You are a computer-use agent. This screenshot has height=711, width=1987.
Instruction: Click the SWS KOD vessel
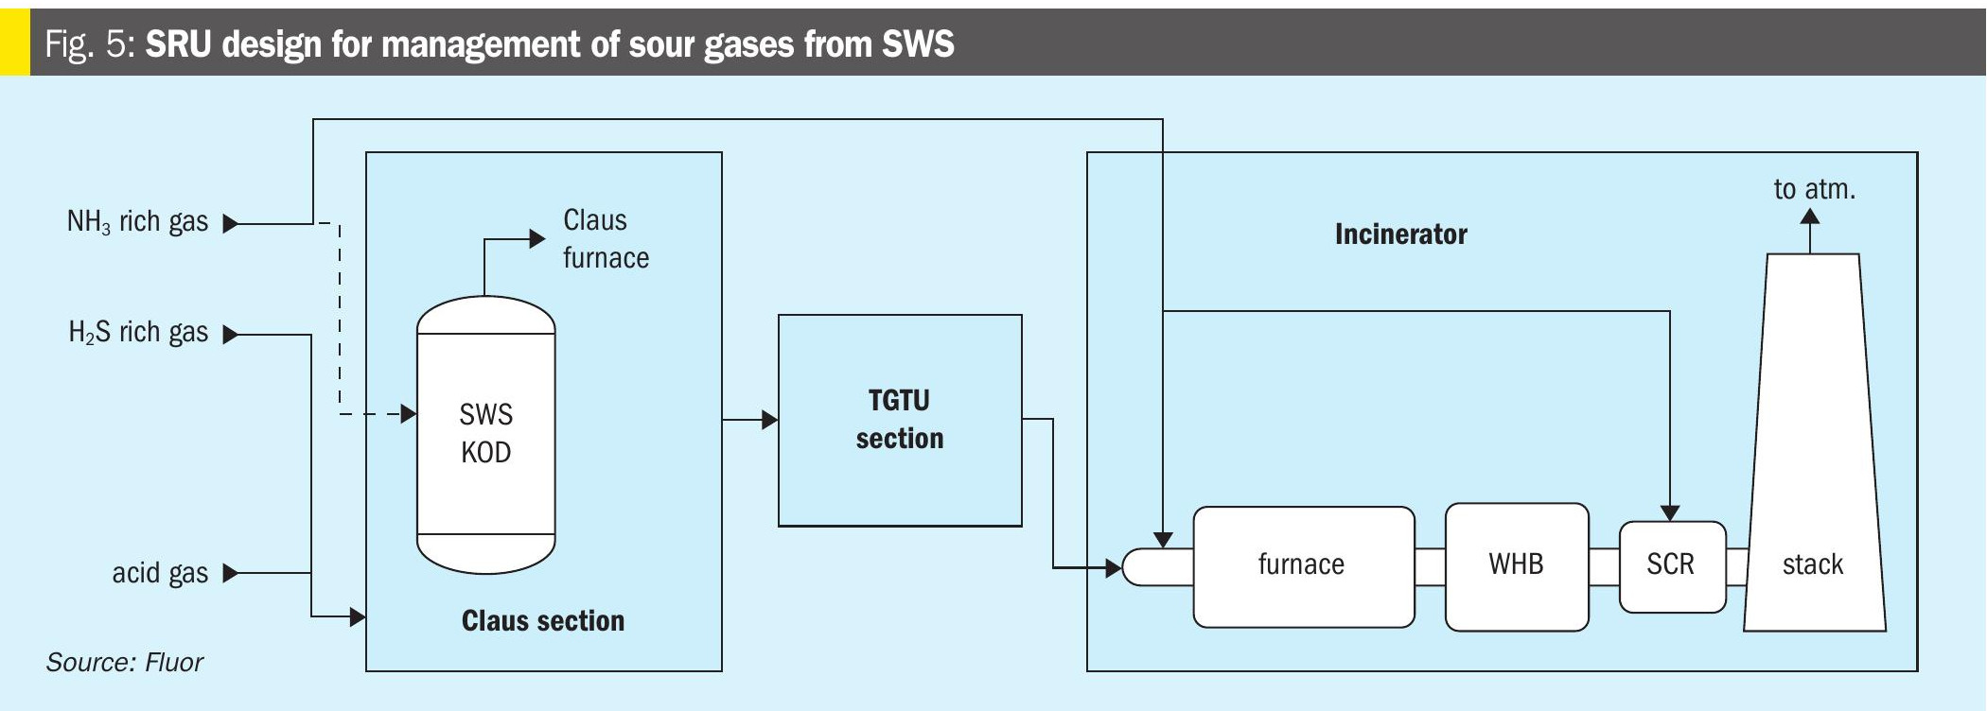[485, 435]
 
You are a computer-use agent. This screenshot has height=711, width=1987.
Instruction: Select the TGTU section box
[899, 420]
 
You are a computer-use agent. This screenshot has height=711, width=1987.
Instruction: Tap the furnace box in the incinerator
[1303, 565]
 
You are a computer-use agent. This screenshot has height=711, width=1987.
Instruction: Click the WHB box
[1516, 565]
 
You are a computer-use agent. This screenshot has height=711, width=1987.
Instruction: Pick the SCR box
[1671, 565]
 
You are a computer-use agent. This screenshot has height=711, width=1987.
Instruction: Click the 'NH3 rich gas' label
[137, 222]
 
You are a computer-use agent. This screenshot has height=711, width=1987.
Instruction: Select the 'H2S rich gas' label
[138, 333]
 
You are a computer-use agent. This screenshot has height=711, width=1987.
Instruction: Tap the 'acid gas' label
[160, 573]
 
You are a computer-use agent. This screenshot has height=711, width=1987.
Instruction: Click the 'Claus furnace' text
[606, 239]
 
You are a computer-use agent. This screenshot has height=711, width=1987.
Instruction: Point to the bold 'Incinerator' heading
[1400, 234]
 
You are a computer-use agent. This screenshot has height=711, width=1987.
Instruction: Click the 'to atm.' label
[1814, 189]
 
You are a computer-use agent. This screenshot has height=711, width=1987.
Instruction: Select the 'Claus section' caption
[542, 621]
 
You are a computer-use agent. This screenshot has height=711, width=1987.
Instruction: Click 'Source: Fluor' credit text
[124, 662]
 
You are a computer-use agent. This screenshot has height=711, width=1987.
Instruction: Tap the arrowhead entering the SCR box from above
[1670, 512]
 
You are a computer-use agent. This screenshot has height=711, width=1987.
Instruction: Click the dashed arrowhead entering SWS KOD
[409, 414]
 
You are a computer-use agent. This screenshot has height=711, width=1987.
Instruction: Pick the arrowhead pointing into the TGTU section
[770, 419]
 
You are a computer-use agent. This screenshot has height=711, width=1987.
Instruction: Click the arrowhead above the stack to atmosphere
[1810, 217]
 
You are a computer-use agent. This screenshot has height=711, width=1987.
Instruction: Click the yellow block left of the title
[14, 43]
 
